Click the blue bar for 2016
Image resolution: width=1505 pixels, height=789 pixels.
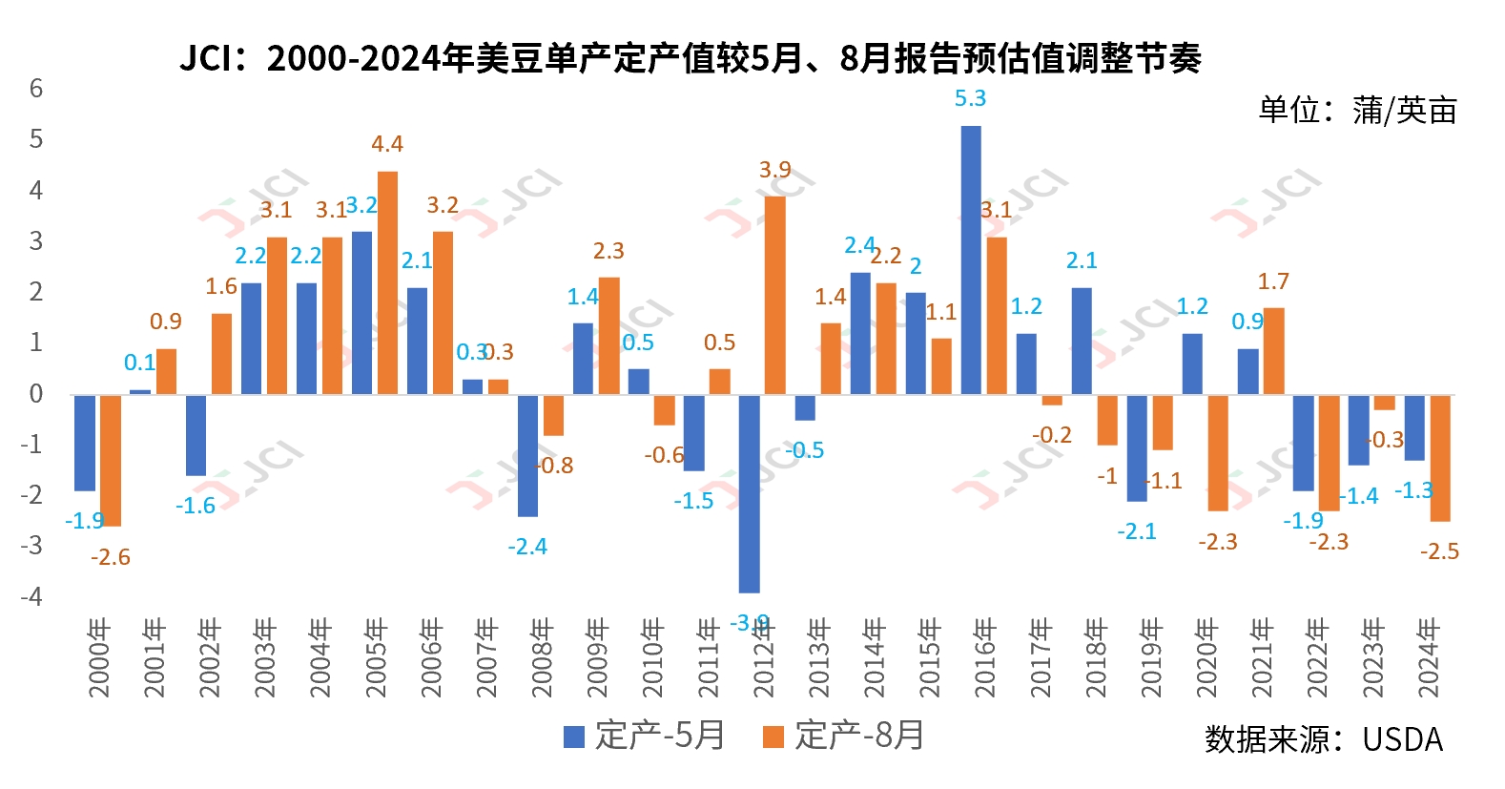pos(970,260)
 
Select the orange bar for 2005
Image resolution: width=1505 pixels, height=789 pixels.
pos(387,282)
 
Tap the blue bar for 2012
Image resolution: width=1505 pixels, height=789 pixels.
pos(749,493)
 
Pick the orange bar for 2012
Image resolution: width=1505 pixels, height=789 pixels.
pos(774,295)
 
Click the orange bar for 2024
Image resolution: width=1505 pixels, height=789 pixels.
pos(1439,458)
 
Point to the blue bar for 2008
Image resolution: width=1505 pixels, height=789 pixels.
pos(527,455)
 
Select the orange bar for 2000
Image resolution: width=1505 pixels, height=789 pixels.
pos(111,460)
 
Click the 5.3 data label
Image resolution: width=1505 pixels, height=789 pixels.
pos(970,98)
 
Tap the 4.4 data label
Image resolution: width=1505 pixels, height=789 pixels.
pos(387,144)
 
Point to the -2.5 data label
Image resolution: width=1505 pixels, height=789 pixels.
pos(1439,551)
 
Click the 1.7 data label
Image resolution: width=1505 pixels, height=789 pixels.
pos(1273,281)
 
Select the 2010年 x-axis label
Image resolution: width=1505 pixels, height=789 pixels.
pos(653,658)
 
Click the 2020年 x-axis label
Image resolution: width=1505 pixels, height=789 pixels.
pos(1206,658)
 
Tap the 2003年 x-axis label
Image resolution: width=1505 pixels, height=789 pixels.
pos(265,658)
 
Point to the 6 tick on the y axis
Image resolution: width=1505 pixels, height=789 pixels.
pos(36,89)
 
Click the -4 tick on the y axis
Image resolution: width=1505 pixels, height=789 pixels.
pos(34,596)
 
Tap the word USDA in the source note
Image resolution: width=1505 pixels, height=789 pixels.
pos(1402,739)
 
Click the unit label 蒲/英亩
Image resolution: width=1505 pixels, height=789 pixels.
pos(1404,111)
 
